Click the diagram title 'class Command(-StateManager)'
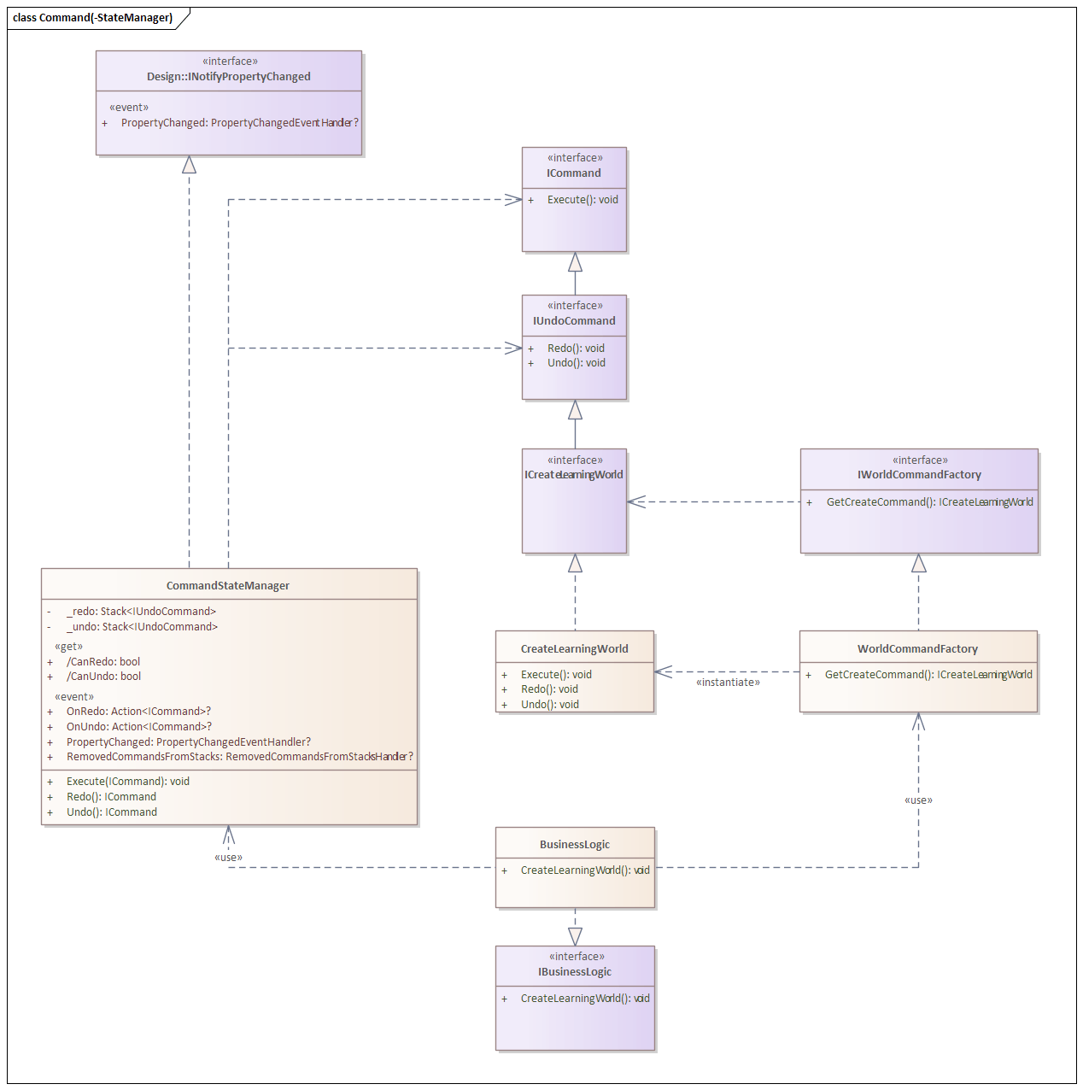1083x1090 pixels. [92, 18]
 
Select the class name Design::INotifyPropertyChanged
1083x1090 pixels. [229, 77]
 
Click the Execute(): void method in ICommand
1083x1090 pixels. [582, 200]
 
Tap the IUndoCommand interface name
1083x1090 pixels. [574, 321]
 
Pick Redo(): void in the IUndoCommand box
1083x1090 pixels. [576, 349]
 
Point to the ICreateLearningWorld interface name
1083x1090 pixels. [574, 475]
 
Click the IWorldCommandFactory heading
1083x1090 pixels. [919, 475]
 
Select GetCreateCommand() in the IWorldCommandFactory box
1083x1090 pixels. [929, 502]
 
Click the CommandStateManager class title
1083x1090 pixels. [228, 586]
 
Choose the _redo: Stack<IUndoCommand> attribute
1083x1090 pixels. [141, 612]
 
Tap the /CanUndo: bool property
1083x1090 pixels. [103, 677]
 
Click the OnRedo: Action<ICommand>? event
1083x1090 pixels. [138, 712]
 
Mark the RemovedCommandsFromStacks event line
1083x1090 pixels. [239, 757]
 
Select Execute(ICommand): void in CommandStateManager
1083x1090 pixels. [128, 782]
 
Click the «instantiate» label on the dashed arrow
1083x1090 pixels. [728, 683]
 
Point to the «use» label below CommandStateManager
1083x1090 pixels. [228, 858]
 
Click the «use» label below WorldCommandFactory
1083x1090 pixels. [918, 800]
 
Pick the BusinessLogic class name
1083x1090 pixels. [575, 845]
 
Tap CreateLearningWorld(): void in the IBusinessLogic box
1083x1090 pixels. [585, 999]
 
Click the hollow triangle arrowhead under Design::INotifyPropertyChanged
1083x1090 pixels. [189, 165]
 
